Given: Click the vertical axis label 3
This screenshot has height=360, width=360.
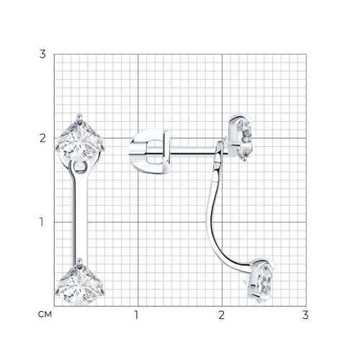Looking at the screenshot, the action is pos(42,54).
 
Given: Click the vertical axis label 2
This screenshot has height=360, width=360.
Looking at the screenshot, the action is pos(42,138).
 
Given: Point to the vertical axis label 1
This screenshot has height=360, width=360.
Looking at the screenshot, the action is pos(42,222).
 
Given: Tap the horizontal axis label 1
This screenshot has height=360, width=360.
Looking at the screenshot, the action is pos(136,315).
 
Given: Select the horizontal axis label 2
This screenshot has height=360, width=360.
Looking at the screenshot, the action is pos(221,315).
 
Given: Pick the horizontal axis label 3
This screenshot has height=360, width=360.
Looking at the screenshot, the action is pos(305,315).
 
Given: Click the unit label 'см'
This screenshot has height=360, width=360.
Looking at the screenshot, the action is pos(45,315).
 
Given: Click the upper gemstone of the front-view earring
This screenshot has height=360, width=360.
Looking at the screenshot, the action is pos(79,140).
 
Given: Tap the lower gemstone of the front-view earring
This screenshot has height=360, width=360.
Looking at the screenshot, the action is pos(79,285).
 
